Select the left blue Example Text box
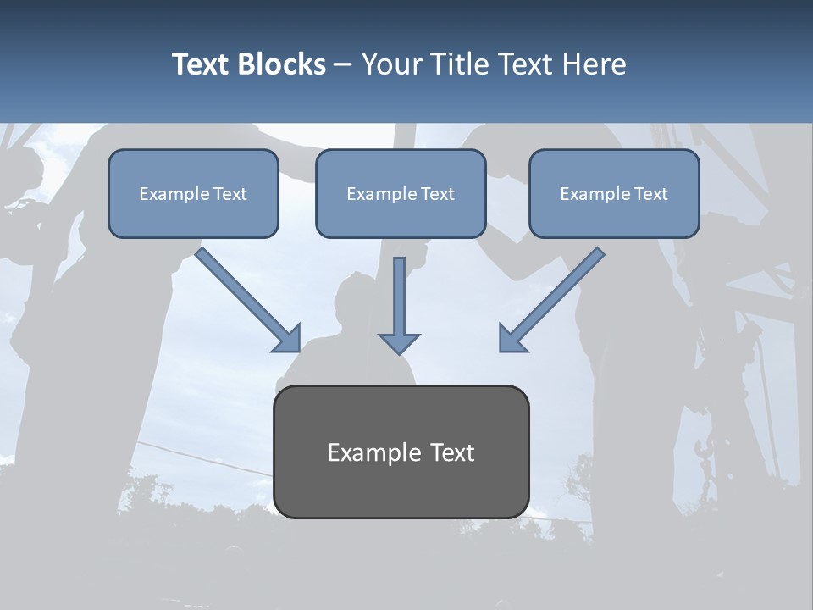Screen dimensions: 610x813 [x=193, y=194]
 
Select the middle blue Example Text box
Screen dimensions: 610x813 [x=401, y=194]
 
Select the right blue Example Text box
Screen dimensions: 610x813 [x=614, y=194]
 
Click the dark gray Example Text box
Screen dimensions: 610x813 [x=401, y=452]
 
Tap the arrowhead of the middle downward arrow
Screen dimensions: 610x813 [x=399, y=343]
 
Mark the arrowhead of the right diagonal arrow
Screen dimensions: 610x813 [x=512, y=339]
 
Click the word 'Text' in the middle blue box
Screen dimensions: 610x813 [x=438, y=194]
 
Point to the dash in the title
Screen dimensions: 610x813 [x=343, y=64]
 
